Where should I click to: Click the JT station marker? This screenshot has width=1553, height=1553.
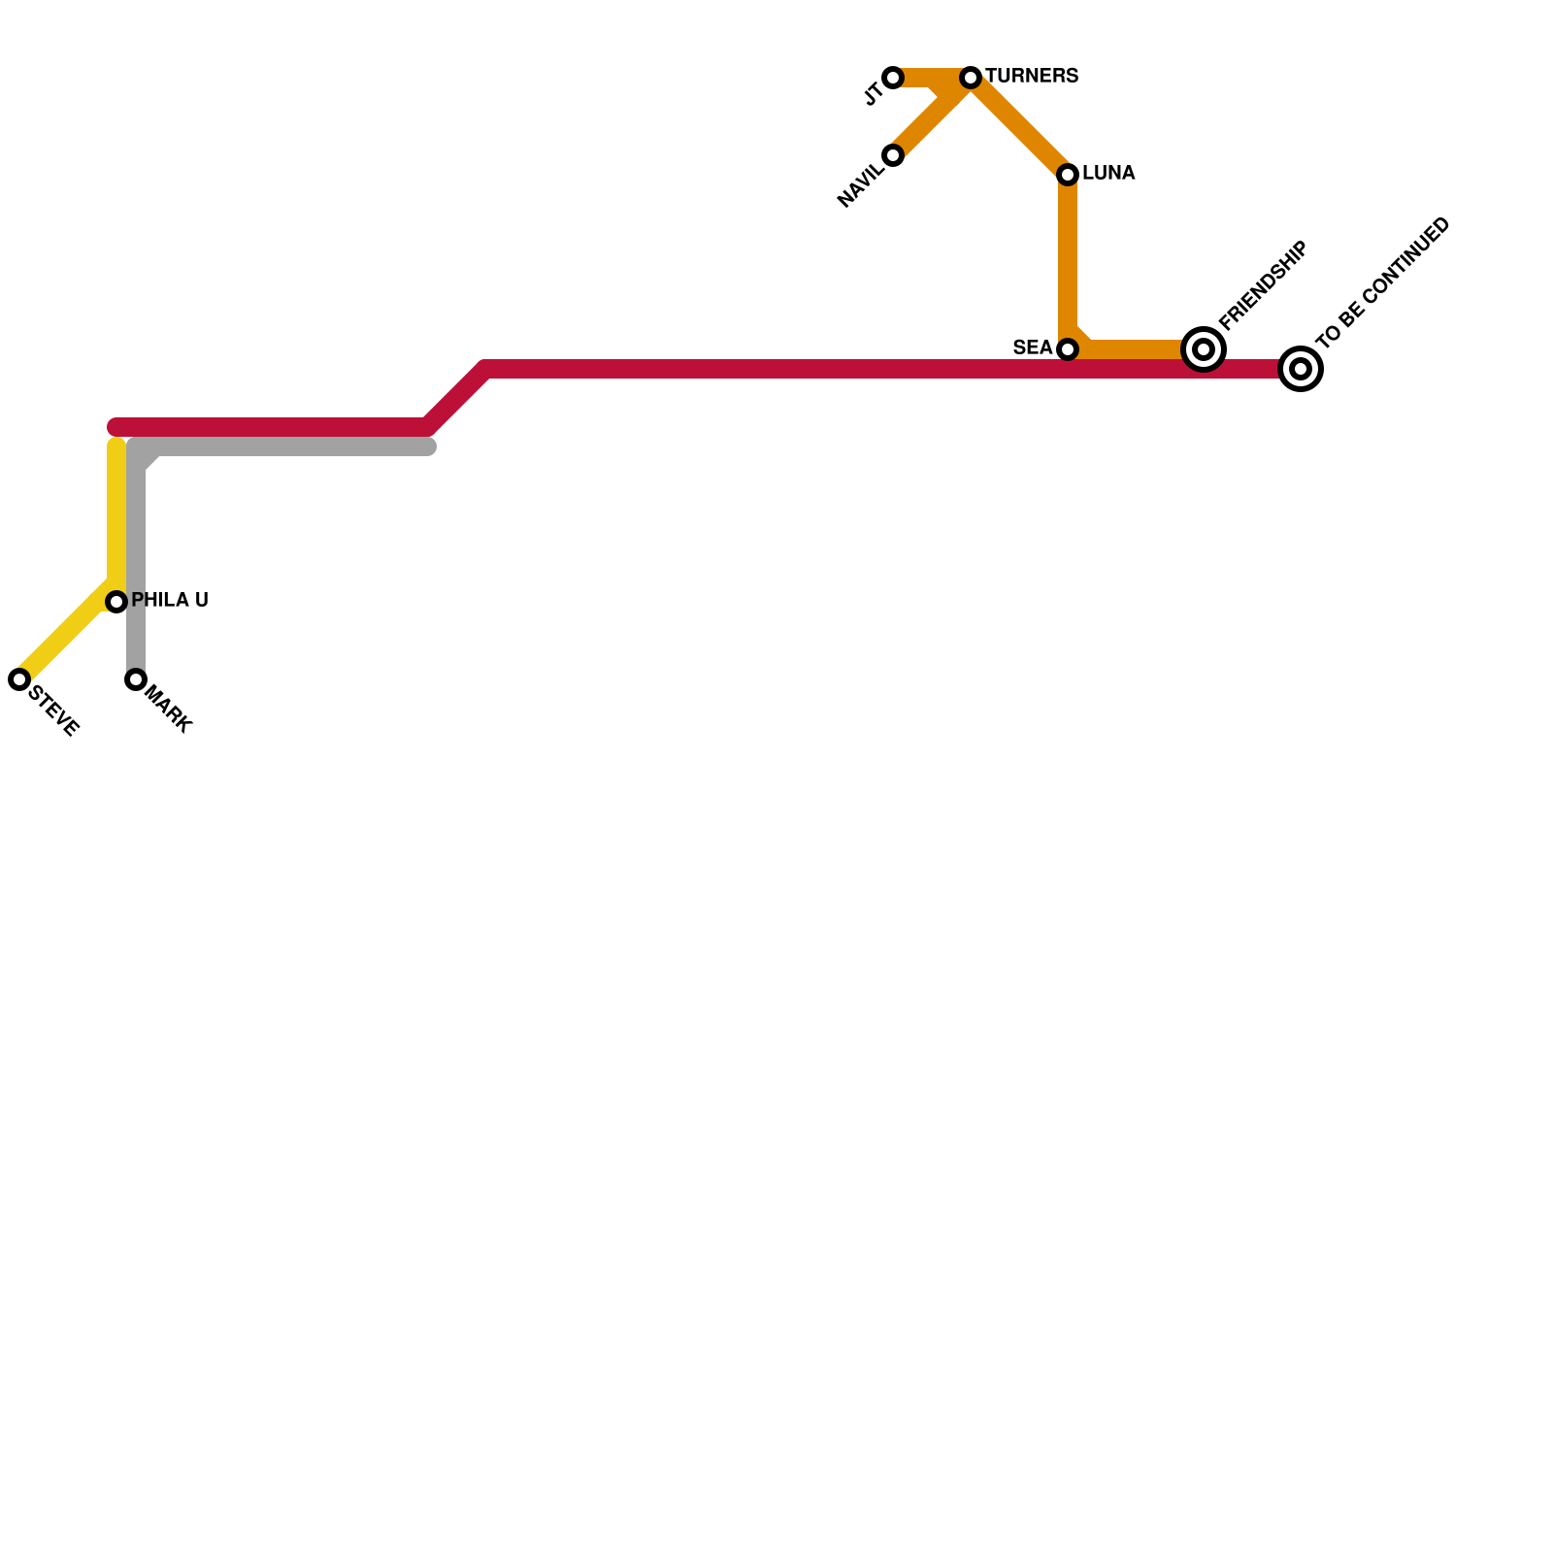click(893, 78)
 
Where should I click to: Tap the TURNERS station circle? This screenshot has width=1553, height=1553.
click(971, 78)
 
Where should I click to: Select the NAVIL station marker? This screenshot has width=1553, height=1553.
click(893, 155)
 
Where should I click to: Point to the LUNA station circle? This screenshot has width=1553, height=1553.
click(1068, 175)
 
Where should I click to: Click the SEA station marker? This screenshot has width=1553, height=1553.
click(1068, 349)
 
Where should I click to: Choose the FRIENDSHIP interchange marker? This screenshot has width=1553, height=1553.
click(1204, 349)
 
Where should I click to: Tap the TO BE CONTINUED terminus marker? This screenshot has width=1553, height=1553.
click(1301, 369)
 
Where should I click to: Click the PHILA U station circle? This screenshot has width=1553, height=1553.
click(116, 602)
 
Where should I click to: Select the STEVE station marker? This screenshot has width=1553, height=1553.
click(19, 679)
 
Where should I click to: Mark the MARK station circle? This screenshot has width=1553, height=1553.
click(136, 679)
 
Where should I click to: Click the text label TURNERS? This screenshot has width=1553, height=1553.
click(1032, 77)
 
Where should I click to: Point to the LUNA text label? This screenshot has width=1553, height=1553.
click(1108, 174)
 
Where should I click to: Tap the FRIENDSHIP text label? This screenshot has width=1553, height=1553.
click(1264, 285)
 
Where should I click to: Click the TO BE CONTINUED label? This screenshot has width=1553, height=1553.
click(1384, 281)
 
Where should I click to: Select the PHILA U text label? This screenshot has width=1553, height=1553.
click(170, 601)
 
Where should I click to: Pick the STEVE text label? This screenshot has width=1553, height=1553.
click(54, 710)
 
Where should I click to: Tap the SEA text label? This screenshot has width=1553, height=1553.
click(1033, 347)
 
